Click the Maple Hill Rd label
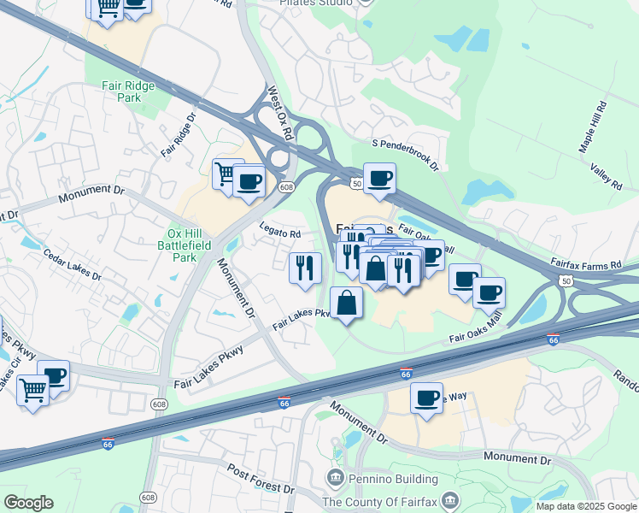pyautogui.click(x=592, y=127)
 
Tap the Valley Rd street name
pyautogui.click(x=608, y=177)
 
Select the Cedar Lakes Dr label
pyautogui.click(x=73, y=266)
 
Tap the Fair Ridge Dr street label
pyautogui.click(x=179, y=134)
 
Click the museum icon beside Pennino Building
pyautogui.click(x=335, y=475)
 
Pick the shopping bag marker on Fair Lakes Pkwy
pyautogui.click(x=346, y=303)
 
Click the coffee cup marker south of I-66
pyautogui.click(x=426, y=398)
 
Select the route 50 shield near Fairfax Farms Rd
pyautogui.click(x=566, y=280)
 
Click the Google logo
pyautogui.click(x=28, y=503)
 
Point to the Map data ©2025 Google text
pyautogui.click(x=586, y=506)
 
